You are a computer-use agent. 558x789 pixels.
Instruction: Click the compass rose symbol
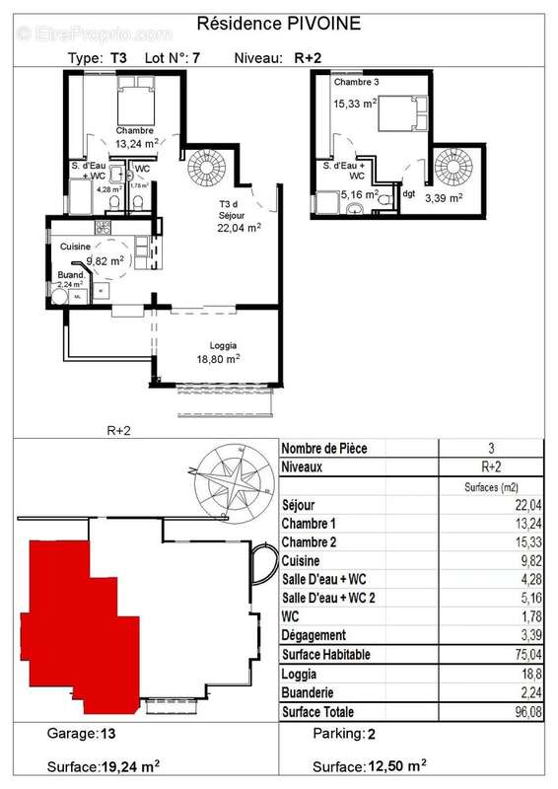[235, 482]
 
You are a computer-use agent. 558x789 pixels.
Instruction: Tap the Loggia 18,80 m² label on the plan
[222, 353]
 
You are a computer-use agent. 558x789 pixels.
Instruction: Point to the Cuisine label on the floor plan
[76, 246]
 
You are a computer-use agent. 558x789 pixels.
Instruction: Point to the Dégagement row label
[314, 635]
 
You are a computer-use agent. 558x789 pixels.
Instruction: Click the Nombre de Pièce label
[324, 448]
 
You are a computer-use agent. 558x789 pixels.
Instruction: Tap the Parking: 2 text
[345, 734]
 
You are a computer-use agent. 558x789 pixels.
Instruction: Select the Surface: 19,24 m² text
[105, 765]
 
